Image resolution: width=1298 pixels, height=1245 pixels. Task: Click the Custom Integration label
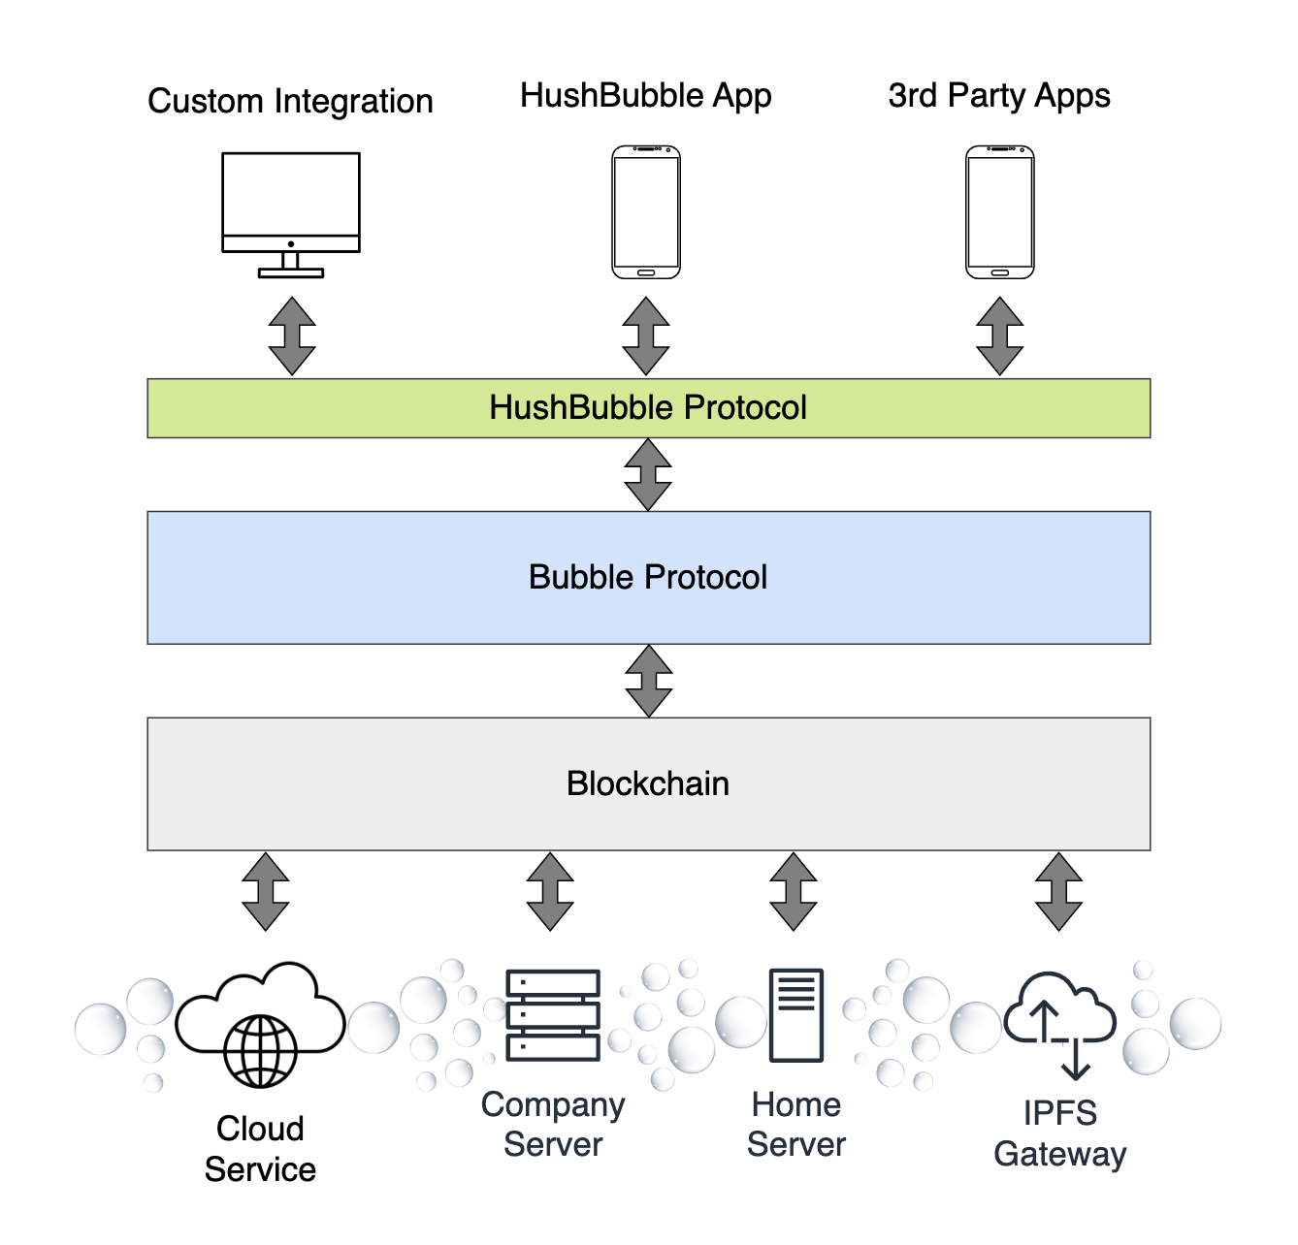[x=290, y=101]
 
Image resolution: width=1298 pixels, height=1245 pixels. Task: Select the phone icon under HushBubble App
[x=646, y=212]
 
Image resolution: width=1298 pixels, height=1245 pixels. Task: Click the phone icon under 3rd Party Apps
[x=1000, y=212]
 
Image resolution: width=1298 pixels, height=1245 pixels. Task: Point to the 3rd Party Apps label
[x=999, y=96]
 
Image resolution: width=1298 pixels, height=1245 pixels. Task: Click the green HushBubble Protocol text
[x=648, y=408]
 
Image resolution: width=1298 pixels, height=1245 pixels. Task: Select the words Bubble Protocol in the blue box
[x=648, y=578]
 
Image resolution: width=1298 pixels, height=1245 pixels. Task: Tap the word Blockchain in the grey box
[x=648, y=783]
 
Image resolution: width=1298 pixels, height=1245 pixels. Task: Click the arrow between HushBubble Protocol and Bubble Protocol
[x=648, y=475]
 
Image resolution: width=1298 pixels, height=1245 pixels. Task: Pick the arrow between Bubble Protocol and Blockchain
[x=649, y=681]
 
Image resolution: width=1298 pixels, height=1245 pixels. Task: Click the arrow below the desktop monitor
[x=292, y=336]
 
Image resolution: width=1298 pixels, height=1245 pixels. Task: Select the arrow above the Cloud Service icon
[x=266, y=891]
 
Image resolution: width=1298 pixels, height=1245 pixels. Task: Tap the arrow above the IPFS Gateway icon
[x=1058, y=891]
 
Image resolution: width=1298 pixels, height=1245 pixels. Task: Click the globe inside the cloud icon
[x=260, y=1051]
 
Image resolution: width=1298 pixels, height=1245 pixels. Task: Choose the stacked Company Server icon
[x=553, y=1015]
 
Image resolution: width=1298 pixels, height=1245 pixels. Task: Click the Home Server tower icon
[x=796, y=1015]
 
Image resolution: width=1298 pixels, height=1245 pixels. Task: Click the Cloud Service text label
[x=260, y=1149]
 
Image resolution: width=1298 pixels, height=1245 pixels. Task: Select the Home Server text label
[x=796, y=1125]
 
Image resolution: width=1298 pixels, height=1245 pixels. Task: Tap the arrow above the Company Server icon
[x=550, y=891]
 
